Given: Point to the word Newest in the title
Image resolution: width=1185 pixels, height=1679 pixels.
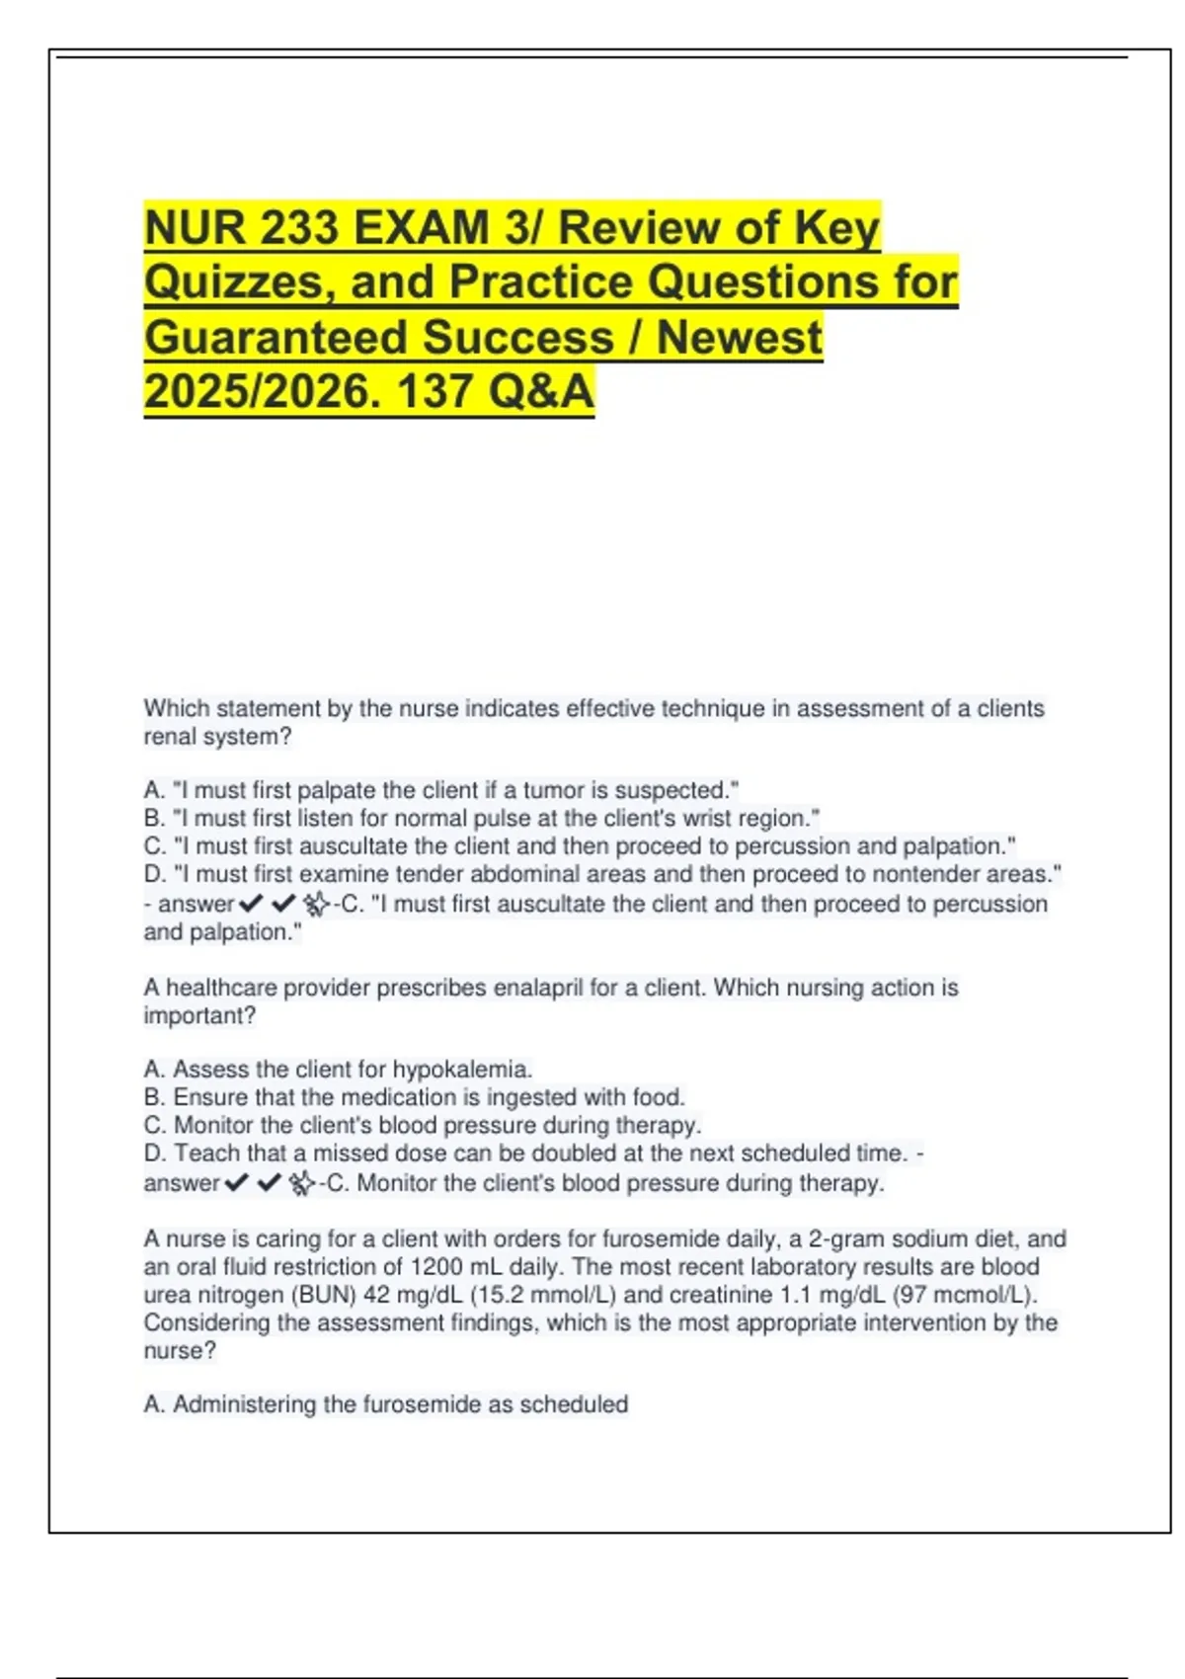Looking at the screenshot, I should coord(739,338).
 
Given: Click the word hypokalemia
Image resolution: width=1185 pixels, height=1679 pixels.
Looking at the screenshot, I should coord(462,1070).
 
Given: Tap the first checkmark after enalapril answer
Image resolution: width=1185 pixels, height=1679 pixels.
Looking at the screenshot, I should coord(236,1183).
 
